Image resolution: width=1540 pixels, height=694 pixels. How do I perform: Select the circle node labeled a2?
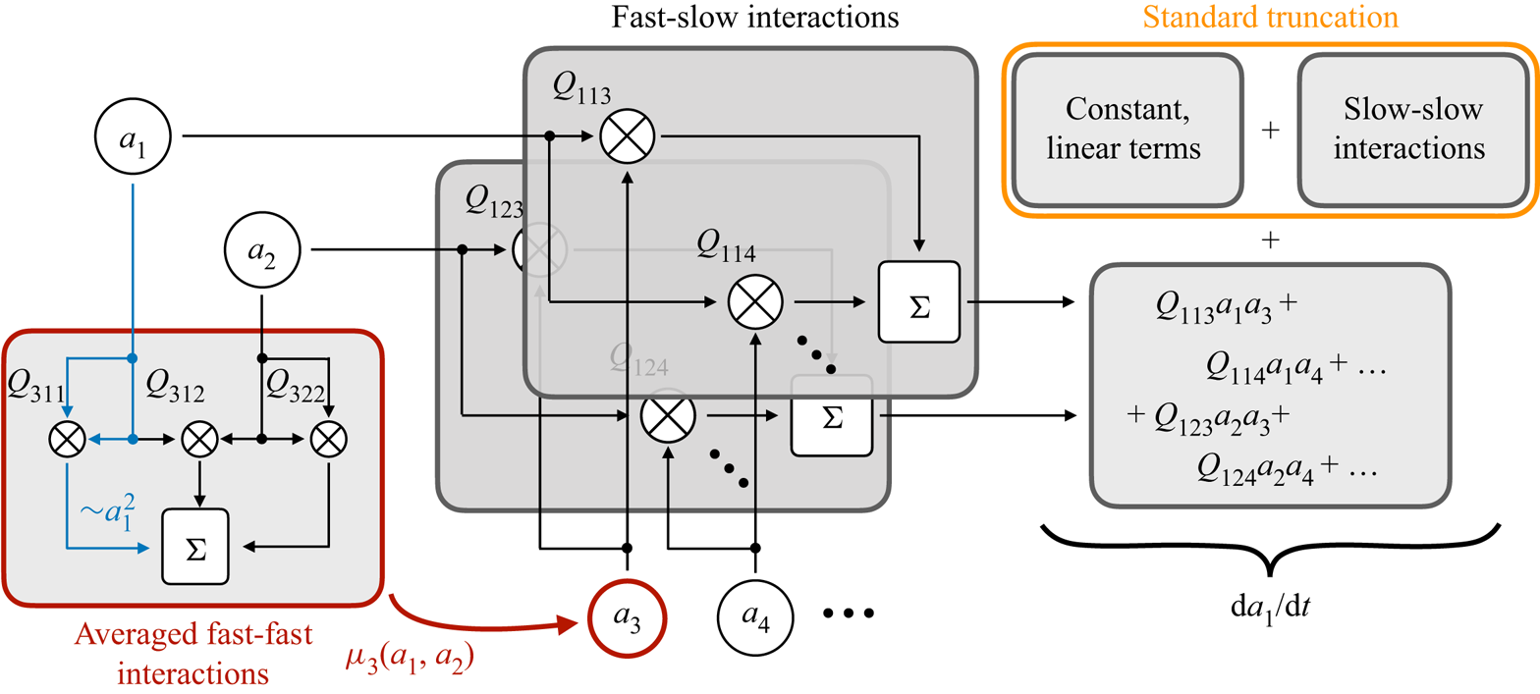(262, 251)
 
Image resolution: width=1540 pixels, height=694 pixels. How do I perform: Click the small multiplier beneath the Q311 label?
(67, 441)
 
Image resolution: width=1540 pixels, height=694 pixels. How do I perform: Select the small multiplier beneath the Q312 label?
(200, 441)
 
